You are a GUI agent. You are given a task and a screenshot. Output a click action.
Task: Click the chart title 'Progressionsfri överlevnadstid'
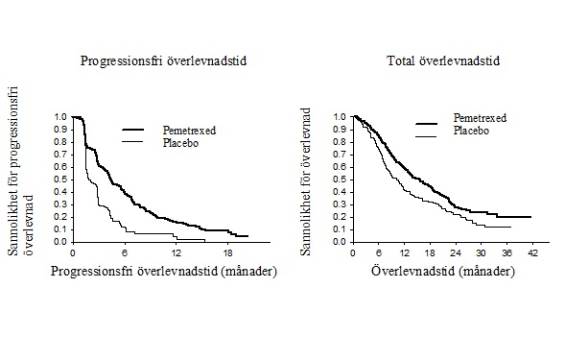pos(163,60)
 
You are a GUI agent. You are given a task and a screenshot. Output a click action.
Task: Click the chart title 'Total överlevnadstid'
pos(443,60)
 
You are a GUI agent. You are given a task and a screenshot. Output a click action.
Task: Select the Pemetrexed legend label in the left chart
pos(189,131)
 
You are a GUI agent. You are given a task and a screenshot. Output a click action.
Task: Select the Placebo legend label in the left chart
pos(180,143)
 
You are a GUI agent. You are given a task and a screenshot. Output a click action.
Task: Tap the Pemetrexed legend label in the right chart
pos(480,118)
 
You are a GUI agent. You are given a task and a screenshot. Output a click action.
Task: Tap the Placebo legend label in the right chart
pos(471,131)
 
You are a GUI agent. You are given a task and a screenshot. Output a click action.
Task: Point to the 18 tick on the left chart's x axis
pos(227,252)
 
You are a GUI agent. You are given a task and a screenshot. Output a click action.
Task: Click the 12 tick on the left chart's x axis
pos(176,252)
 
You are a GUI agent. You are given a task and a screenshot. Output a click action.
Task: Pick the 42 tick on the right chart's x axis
pos(532,252)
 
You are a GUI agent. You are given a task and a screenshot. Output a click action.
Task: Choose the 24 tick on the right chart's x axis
pos(456,252)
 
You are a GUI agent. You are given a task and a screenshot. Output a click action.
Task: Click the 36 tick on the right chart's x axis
pos(506,252)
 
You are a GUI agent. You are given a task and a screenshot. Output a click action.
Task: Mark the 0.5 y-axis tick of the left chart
pos(60,180)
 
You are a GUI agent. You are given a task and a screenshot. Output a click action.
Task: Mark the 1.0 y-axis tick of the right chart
pos(340,117)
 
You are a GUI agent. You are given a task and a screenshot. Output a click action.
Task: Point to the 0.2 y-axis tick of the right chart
pos(340,217)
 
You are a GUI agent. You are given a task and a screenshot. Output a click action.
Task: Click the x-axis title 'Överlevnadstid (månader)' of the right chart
pos(443,271)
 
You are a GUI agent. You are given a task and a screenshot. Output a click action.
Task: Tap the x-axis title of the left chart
pos(164,271)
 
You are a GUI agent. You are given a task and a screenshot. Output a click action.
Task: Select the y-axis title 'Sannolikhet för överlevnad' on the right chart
pos(306,181)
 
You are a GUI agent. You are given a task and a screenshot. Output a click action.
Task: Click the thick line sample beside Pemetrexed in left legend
pos(133,130)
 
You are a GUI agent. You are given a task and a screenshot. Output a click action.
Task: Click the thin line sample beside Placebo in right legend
pos(426,136)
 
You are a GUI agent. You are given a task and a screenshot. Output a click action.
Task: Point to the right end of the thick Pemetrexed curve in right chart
pos(530,217)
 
